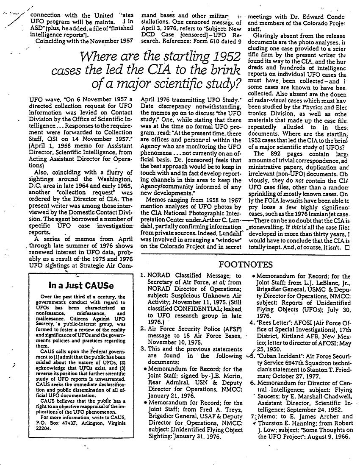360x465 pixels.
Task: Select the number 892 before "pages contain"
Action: [275, 154]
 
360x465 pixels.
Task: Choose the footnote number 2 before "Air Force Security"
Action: [143, 316]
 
